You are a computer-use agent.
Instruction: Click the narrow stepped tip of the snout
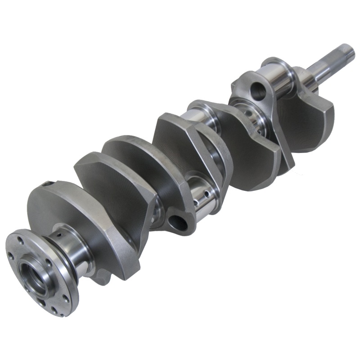coord(347,51)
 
